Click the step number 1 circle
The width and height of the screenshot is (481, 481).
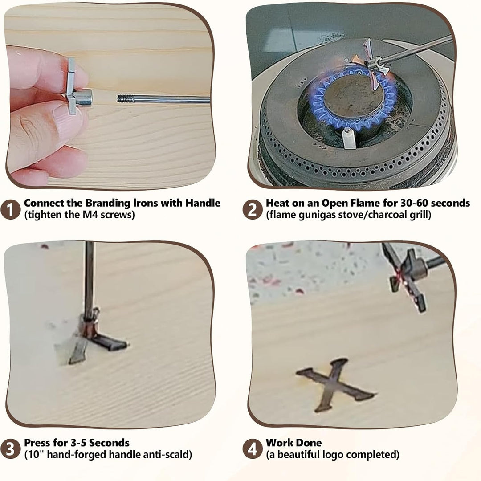click(x=10, y=209)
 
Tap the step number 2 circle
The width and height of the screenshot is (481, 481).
click(x=252, y=209)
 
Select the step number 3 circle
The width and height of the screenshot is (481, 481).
click(x=10, y=449)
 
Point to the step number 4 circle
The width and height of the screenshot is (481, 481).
click(x=252, y=449)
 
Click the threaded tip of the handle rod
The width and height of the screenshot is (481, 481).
click(x=126, y=98)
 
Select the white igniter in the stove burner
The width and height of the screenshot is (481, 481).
click(x=349, y=139)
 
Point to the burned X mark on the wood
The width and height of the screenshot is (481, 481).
click(x=335, y=385)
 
